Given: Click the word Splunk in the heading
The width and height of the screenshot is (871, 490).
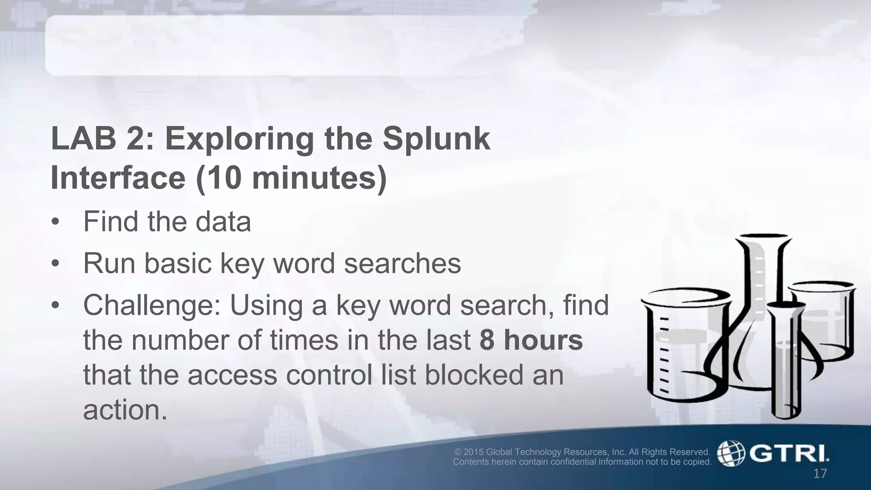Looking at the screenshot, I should (436, 139).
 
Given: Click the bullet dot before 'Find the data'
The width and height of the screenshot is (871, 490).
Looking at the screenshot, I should (55, 222).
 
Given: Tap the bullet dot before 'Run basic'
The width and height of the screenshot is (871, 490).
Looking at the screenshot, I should (55, 264).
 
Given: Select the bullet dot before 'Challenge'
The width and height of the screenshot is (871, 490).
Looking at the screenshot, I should (55, 305).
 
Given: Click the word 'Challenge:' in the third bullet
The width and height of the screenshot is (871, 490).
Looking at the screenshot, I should (152, 305).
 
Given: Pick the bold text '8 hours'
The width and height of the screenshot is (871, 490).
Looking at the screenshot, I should (531, 340).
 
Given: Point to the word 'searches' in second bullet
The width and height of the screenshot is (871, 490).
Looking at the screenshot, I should (402, 264).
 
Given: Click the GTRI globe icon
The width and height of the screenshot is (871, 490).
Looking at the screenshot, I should (731, 453).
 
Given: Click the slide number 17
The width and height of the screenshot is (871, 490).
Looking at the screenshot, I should (820, 473).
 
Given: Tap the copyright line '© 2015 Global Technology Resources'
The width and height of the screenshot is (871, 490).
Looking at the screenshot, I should (582, 452).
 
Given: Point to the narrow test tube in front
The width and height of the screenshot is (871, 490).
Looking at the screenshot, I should (787, 362).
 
